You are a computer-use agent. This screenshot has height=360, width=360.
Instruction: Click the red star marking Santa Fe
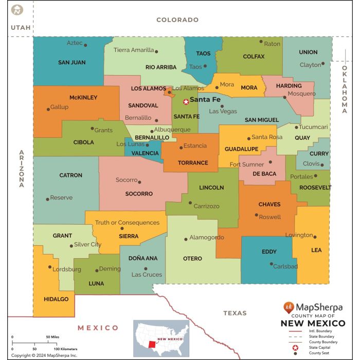(x=186, y=102)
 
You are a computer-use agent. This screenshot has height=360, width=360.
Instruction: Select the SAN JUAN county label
(x=71, y=62)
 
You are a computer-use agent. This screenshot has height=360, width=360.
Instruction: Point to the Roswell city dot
(x=256, y=215)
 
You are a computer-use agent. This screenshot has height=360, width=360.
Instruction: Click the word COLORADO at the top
(x=177, y=20)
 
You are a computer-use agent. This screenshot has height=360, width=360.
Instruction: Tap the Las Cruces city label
(x=147, y=275)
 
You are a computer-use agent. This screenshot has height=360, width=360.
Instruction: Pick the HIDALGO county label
(x=56, y=299)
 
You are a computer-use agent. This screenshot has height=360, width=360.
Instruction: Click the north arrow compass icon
(x=17, y=10)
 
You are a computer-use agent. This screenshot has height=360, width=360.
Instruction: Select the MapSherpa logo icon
(x=289, y=307)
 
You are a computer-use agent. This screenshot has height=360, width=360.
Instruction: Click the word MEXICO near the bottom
(x=98, y=328)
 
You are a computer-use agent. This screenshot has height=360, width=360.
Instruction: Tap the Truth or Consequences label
(x=127, y=223)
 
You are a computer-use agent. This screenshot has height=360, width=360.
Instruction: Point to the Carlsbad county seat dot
(x=272, y=264)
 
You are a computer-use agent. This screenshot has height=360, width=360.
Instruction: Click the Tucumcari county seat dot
(x=296, y=127)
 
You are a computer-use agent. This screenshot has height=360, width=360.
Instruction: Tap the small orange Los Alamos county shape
(x=168, y=93)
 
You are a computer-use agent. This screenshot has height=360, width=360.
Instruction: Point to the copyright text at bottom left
(x=44, y=355)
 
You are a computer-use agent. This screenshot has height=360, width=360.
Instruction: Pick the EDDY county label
(x=269, y=252)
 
